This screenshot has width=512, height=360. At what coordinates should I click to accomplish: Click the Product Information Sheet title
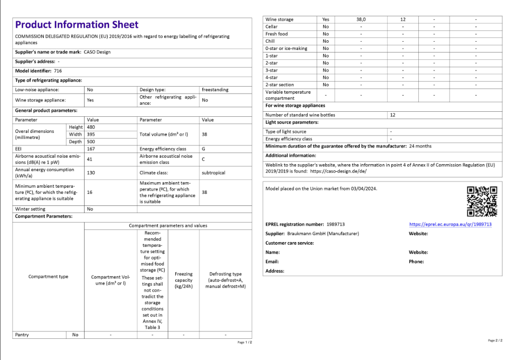tap(77, 25)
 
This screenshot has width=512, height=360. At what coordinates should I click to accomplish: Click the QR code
tap(482, 201)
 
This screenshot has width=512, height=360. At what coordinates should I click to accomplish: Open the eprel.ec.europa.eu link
tap(450, 225)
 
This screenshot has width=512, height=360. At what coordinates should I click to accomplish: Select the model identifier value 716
tap(58, 71)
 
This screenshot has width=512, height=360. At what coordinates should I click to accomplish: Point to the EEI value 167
tap(91, 149)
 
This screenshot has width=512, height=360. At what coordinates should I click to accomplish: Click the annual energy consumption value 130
tap(91, 173)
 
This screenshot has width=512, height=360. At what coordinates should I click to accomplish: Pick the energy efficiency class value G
tap(203, 149)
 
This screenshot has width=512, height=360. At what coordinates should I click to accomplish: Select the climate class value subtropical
tap(213, 173)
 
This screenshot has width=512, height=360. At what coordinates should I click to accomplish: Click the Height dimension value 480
tap(91, 127)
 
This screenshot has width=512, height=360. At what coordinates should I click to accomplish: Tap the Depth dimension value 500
tap(91, 142)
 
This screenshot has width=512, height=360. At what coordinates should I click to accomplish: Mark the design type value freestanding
tap(215, 90)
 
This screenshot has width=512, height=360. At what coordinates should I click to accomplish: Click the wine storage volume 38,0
tap(361, 20)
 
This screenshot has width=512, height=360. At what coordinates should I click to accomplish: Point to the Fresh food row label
tap(276, 34)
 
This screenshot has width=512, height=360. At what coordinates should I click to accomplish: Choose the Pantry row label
tap(22, 334)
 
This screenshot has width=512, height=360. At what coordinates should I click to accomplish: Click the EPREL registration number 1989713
tap(336, 224)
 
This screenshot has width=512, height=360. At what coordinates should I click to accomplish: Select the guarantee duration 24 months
tap(420, 146)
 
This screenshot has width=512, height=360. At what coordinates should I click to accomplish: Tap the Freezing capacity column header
tap(183, 280)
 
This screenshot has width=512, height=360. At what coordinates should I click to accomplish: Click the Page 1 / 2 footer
tap(245, 342)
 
